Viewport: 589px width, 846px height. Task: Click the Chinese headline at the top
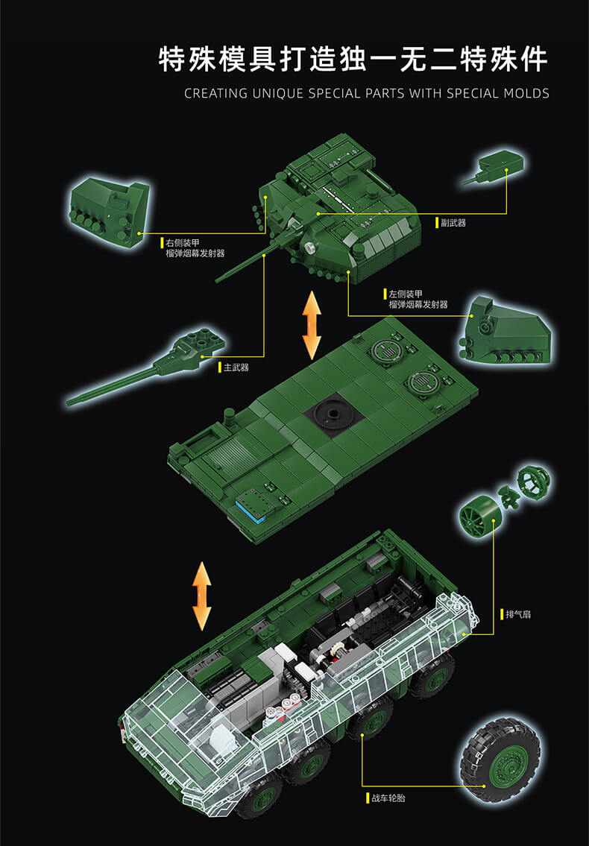[x=352, y=60]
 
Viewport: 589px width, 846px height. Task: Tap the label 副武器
[x=453, y=222]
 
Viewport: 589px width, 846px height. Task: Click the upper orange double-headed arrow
[x=311, y=326]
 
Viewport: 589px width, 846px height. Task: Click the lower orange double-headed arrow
[x=201, y=596]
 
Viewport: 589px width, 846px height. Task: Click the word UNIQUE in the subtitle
[x=275, y=93]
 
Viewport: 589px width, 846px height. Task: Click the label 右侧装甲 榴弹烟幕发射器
[x=195, y=248]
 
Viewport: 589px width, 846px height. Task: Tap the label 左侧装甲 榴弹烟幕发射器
[x=418, y=299]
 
